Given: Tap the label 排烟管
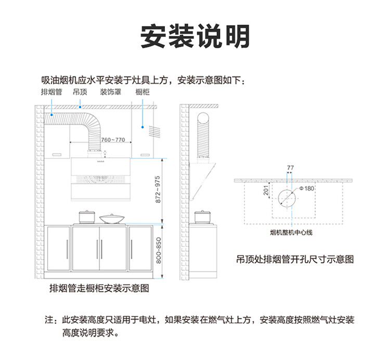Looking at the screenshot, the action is coord(52,92).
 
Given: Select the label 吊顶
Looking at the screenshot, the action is coord(80,92).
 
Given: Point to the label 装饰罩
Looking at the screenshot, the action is coord(111,92).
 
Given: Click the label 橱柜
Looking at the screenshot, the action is coord(142,92).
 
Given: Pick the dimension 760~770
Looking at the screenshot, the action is coord(113,140).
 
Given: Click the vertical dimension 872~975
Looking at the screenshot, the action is coord(158,189).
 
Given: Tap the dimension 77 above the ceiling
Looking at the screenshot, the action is coord(290,168).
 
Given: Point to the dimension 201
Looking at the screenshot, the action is coord(266,191).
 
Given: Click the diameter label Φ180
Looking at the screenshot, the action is coord(307,188).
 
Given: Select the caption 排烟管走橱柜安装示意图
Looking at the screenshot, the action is coord(99,287).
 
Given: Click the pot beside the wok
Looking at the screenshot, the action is coord(86,216).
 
